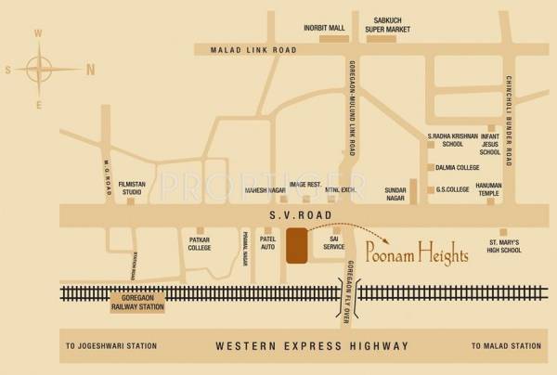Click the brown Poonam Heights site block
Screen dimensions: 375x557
point(297,245)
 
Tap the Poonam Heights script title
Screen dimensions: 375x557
point(415,253)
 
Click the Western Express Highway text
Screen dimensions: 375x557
point(311,346)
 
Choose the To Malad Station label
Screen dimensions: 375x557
point(506,346)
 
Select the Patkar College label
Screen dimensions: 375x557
point(200,244)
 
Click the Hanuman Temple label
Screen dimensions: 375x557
point(488,190)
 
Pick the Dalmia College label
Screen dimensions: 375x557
point(457,168)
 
